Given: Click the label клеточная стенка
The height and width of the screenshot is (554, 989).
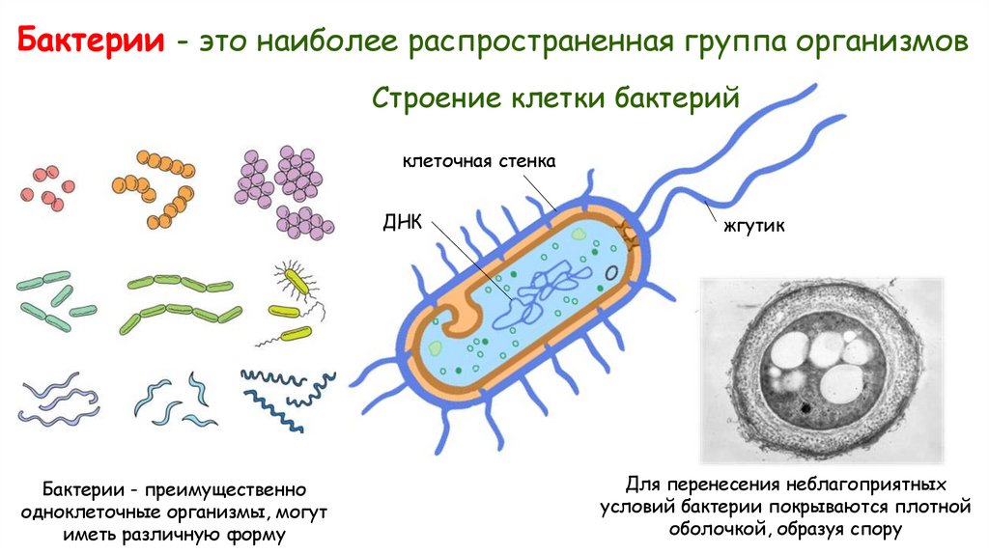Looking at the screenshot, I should point(479,161).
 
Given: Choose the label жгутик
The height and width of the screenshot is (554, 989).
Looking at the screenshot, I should point(751,228).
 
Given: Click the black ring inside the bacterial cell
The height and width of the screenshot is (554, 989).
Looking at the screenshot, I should point(610,273).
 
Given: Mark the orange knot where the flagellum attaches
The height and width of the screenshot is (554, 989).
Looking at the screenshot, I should point(630,232).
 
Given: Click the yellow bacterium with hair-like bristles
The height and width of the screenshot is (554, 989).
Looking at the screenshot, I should point(297,280).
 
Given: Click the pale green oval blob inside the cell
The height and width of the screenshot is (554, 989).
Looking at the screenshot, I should point(435,347).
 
